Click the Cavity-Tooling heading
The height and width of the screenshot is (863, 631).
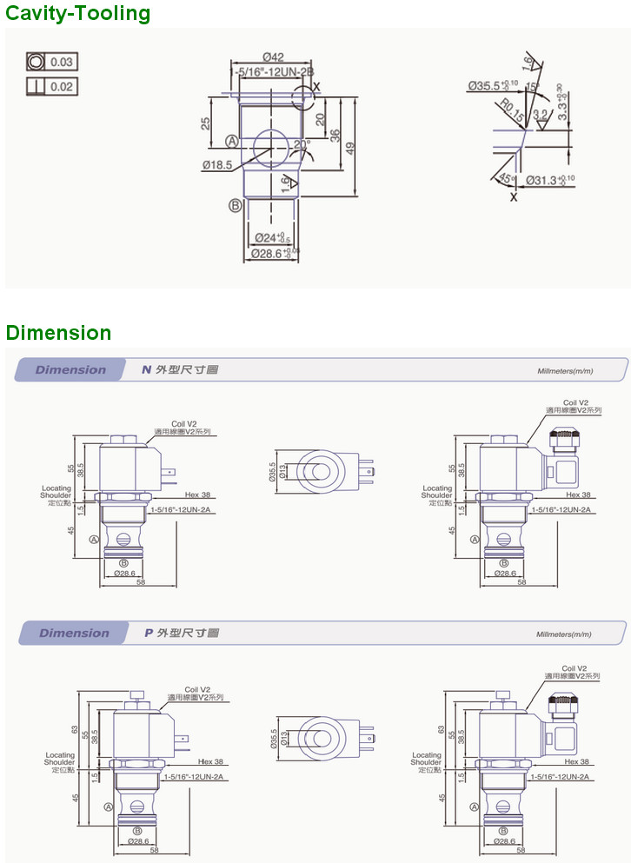coord(77,13)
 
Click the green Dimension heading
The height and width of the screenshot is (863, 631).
coord(58,333)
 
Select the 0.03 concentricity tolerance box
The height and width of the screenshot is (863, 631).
coord(51,62)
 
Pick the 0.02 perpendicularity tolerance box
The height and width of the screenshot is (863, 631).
coord(51,87)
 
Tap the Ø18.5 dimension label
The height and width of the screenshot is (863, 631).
coord(216,164)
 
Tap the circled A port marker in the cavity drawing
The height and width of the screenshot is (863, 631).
coord(232,142)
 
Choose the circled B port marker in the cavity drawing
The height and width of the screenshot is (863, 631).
coord(235,205)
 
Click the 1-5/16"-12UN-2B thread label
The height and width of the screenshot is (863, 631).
coord(272,72)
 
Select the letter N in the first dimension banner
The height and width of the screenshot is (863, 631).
coord(146,369)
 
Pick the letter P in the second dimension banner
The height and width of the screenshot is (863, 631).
coord(149,633)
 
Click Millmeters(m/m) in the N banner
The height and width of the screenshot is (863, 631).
coord(565,371)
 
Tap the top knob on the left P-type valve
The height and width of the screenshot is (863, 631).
coord(136,694)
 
